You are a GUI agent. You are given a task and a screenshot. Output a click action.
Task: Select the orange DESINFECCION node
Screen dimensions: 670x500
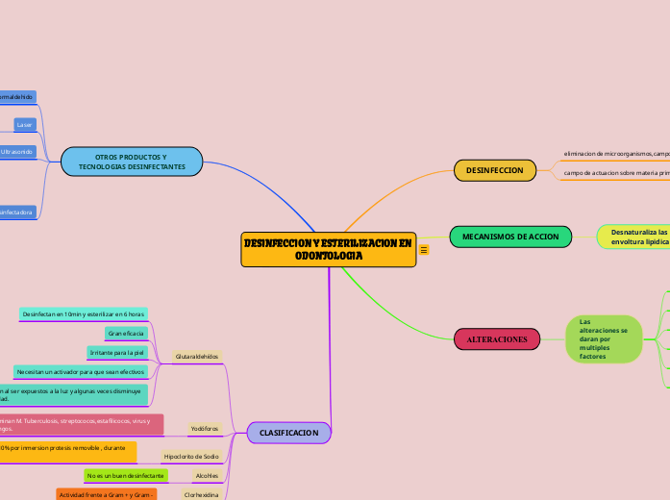point(494,170)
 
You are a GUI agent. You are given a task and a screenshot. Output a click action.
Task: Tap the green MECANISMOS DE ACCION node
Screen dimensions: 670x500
point(510,236)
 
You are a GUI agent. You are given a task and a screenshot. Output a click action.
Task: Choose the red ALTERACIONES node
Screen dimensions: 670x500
point(496,339)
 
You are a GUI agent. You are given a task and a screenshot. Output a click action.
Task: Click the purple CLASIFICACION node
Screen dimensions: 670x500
point(288,434)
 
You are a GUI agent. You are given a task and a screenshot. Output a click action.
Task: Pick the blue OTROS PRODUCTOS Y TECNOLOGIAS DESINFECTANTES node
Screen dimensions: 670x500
point(132,162)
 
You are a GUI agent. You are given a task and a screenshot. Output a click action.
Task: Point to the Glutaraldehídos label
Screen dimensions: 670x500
point(197,356)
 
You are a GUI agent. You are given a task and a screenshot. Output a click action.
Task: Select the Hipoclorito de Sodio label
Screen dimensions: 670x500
point(191,456)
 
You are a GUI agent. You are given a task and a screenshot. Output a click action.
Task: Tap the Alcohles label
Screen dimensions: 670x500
point(207,475)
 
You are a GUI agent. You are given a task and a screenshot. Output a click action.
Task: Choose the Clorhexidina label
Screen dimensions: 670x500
point(202,493)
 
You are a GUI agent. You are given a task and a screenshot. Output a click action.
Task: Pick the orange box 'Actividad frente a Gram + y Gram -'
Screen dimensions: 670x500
point(106,493)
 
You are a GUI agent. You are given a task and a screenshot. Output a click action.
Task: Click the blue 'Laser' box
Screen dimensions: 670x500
point(25,124)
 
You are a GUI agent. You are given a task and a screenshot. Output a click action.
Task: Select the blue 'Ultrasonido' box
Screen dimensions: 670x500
point(18,152)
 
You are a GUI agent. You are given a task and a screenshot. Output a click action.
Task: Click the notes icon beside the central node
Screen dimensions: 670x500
point(424,250)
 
